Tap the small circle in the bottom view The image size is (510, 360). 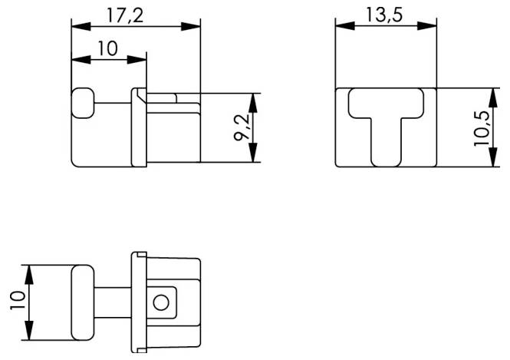coord(160,302)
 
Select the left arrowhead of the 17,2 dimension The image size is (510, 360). coord(78,25)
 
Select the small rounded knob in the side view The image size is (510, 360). coord(82,103)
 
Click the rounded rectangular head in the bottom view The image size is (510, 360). coord(83,302)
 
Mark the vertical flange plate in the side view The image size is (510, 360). coord(139,127)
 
